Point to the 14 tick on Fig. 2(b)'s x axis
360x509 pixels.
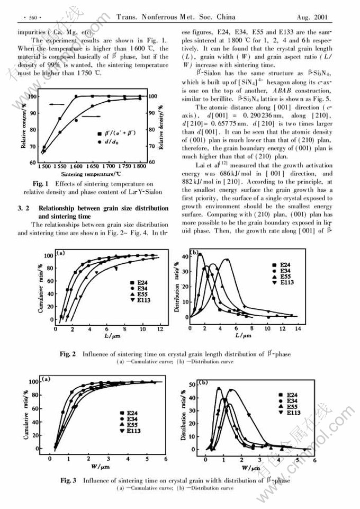(297, 328)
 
